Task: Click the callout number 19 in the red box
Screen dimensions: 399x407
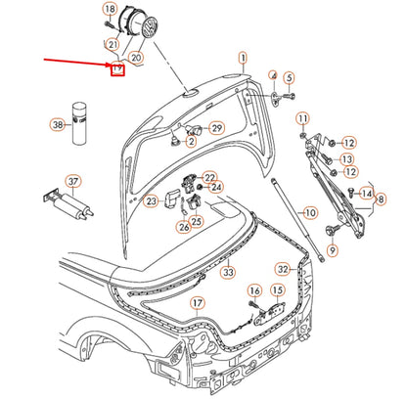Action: pos(116,70)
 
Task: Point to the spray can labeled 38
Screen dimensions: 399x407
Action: pos(76,104)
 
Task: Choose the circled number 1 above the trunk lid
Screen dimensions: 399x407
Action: pos(242,57)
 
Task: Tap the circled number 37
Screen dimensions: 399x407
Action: pos(45,181)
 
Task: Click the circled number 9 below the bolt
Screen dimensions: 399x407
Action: pos(332,251)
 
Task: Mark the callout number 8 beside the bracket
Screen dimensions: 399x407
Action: pos(381,199)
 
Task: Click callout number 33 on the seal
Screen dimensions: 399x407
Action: pos(228,273)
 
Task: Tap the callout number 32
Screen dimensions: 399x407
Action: pos(283,268)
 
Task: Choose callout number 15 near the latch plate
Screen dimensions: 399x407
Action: pos(278,289)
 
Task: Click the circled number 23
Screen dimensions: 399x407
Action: pos(151,201)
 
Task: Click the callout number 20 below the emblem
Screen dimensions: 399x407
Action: pos(136,59)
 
